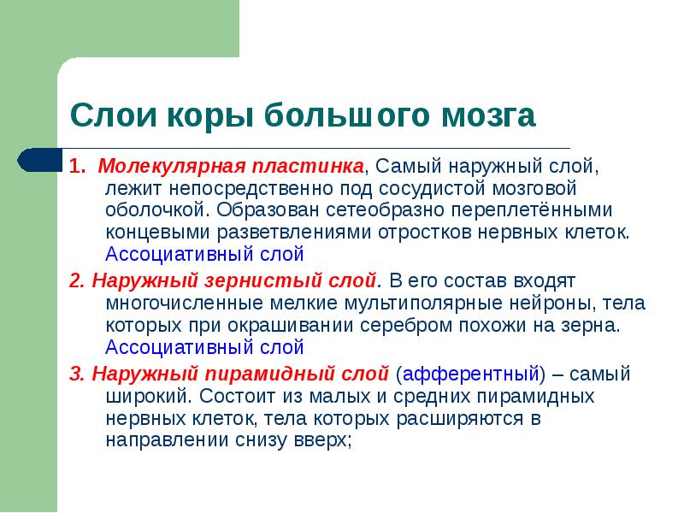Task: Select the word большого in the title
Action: pos(343,115)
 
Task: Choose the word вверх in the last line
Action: pos(323,440)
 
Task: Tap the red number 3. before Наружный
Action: pos(77,374)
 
